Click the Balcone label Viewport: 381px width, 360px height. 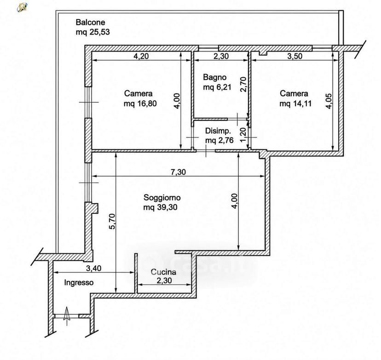coord(90,23)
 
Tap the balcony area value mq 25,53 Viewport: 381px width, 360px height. coord(92,32)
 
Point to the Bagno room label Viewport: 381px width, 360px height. coord(214,77)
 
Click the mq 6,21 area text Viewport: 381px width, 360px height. coord(217,87)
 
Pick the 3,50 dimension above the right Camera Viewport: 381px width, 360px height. coord(295,56)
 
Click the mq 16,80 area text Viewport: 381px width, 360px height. coord(140,103)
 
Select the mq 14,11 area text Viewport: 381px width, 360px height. coord(295,103)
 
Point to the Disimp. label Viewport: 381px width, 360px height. coord(218,131)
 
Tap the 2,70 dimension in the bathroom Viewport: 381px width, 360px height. coord(243,85)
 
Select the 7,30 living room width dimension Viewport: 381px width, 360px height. coord(178,172)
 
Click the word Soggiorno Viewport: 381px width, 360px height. coord(162,198)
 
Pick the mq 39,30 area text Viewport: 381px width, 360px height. coord(160,207)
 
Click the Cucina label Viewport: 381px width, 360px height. coord(163,272)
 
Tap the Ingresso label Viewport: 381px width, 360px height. coord(79,283)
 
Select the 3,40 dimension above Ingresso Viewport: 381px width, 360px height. coord(93,268)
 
